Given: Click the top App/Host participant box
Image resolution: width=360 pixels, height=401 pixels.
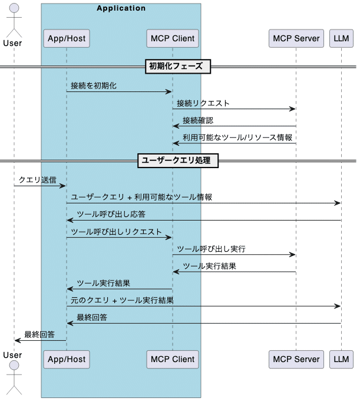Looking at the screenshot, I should click(x=66, y=39).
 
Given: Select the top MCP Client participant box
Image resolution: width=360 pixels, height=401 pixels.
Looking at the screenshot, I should click(x=172, y=39).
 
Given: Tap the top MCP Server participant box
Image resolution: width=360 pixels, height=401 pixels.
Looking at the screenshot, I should click(x=296, y=39).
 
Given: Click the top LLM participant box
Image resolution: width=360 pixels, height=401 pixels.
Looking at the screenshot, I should click(x=341, y=39).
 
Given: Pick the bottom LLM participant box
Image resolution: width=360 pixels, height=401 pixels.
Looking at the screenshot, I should click(x=341, y=359).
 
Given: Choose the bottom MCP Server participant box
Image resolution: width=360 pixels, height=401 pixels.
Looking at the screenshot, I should click(x=296, y=359).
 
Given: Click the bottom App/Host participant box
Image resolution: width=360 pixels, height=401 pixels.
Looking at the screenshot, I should click(x=66, y=359).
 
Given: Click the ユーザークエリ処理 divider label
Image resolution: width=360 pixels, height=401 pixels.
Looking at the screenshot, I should click(x=178, y=160).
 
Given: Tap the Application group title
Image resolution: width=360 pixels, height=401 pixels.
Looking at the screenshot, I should click(x=121, y=8).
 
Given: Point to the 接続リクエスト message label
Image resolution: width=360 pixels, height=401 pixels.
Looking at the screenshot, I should click(x=203, y=103).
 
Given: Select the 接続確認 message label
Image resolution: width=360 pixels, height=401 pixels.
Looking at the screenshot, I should click(x=197, y=120).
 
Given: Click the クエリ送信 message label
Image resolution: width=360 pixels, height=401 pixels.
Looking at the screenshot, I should click(x=38, y=179).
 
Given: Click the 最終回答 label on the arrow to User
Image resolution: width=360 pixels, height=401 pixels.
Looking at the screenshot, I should click(x=39, y=334).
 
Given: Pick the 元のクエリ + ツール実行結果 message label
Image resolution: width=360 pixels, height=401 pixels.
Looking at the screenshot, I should click(x=122, y=300).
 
